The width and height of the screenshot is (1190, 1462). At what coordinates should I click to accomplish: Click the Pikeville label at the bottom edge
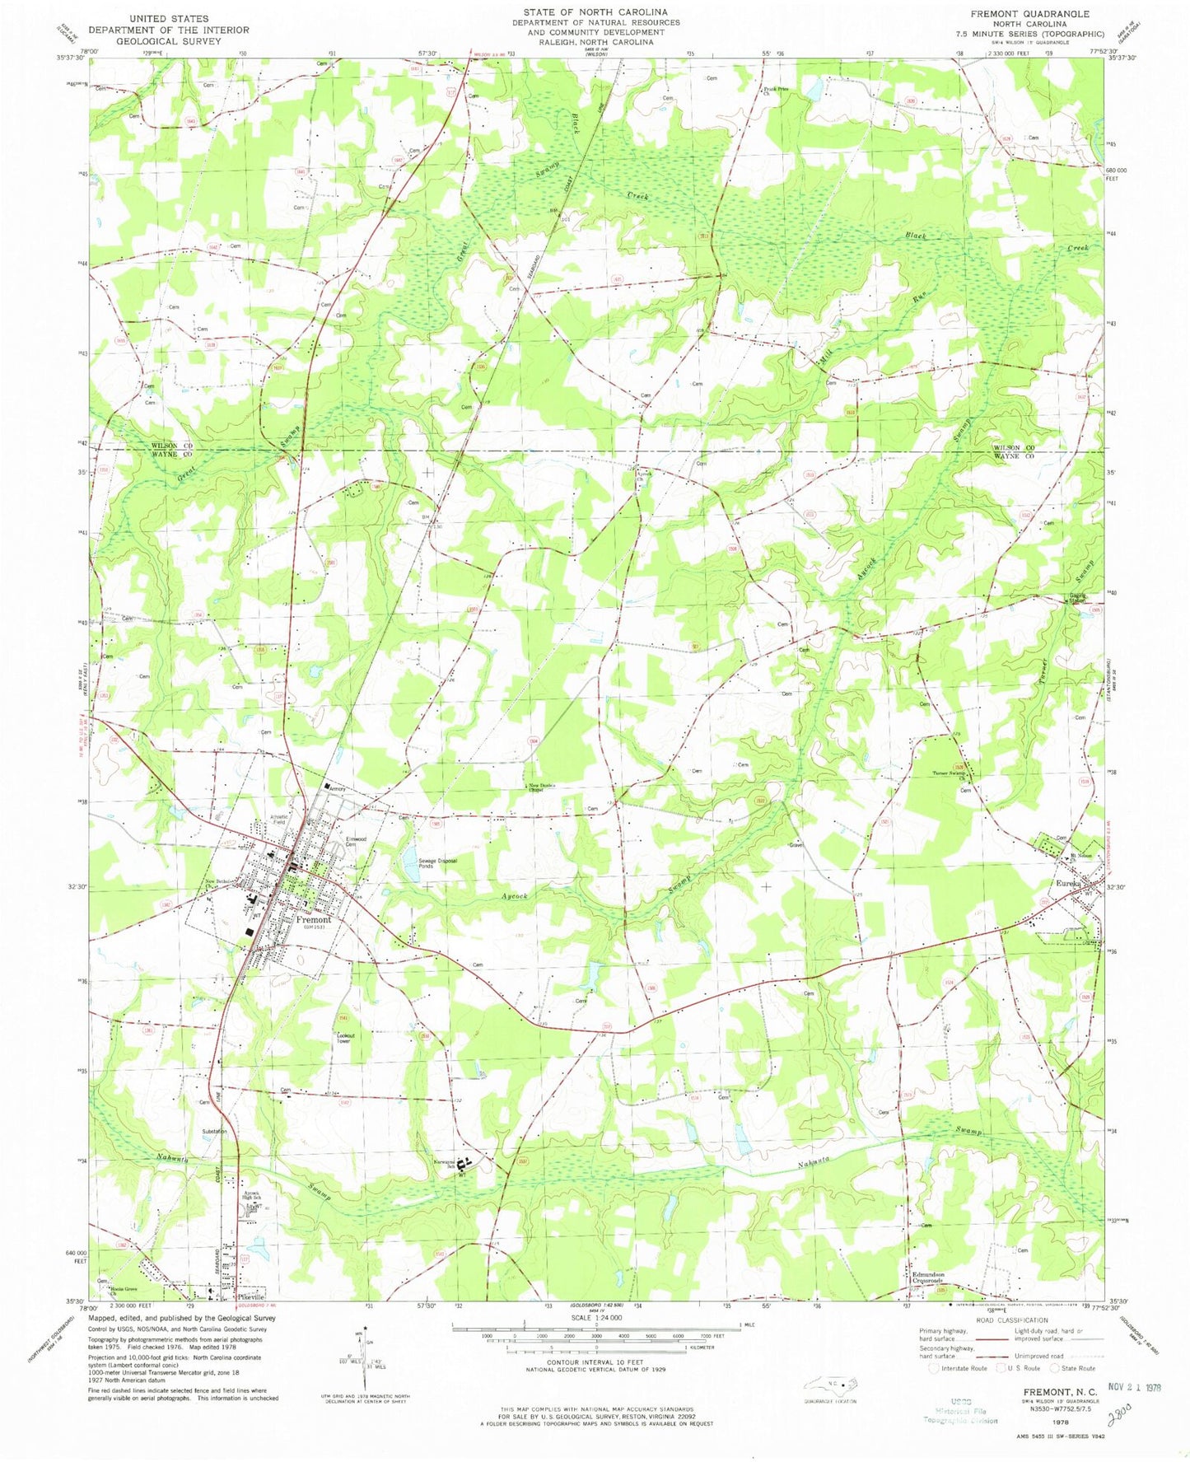250,1296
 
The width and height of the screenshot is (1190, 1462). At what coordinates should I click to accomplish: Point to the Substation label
214,1132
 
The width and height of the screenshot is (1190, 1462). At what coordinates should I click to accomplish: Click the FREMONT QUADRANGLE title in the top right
1041,14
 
